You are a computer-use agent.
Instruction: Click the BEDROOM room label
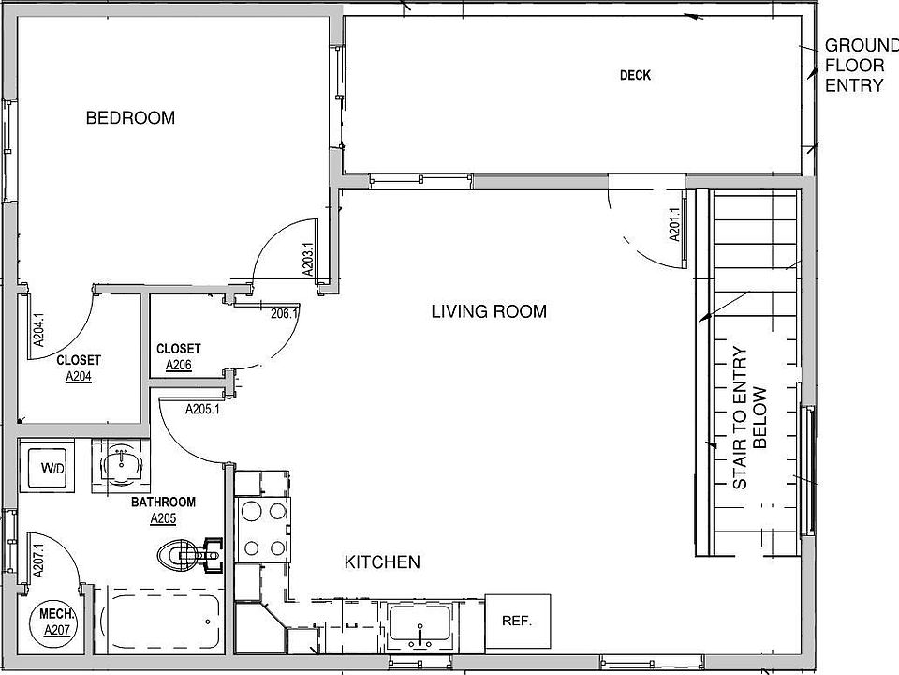tap(130, 118)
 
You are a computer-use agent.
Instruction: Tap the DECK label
tap(635, 75)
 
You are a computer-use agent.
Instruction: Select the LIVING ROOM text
tap(489, 311)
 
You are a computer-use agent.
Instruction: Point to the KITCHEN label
tap(382, 562)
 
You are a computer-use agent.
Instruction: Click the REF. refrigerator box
tap(518, 621)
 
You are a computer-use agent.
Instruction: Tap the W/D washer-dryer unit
tap(47, 466)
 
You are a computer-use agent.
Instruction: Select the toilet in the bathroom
tap(189, 555)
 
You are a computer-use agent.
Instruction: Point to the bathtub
tap(158, 621)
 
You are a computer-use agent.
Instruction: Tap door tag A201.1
tap(674, 224)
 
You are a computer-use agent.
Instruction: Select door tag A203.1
tap(308, 260)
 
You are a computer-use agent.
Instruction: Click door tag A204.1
tap(38, 330)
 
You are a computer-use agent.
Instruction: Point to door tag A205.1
tap(202, 410)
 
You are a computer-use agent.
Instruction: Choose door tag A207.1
tap(38, 561)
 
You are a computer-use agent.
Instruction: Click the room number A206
tap(178, 365)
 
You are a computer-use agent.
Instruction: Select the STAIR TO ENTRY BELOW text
tap(749, 417)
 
